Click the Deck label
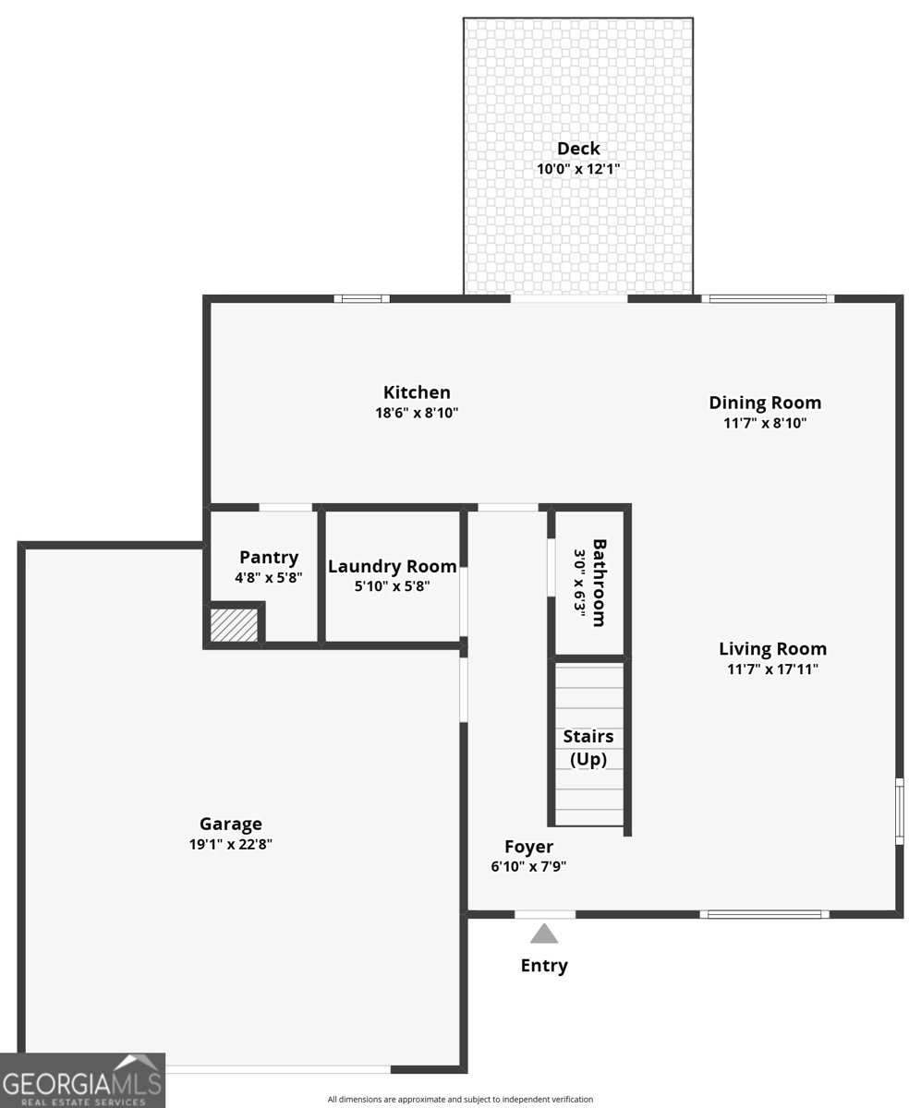[x=578, y=149]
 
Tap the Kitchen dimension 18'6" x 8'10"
[x=417, y=413]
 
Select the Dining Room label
[x=765, y=403]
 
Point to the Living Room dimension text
[x=772, y=668]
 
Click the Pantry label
[x=269, y=557]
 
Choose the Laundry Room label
[x=393, y=566]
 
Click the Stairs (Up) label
[x=588, y=748]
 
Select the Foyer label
[x=529, y=847]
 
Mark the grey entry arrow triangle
[x=544, y=933]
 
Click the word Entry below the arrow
[x=544, y=966]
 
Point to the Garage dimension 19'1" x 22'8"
[x=231, y=844]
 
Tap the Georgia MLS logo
[x=82, y=1080]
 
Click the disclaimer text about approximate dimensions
[x=460, y=1100]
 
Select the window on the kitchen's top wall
[x=361, y=298]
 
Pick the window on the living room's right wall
[x=899, y=811]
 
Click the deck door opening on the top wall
[x=569, y=298]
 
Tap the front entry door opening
[x=544, y=914]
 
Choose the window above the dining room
[x=767, y=298]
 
